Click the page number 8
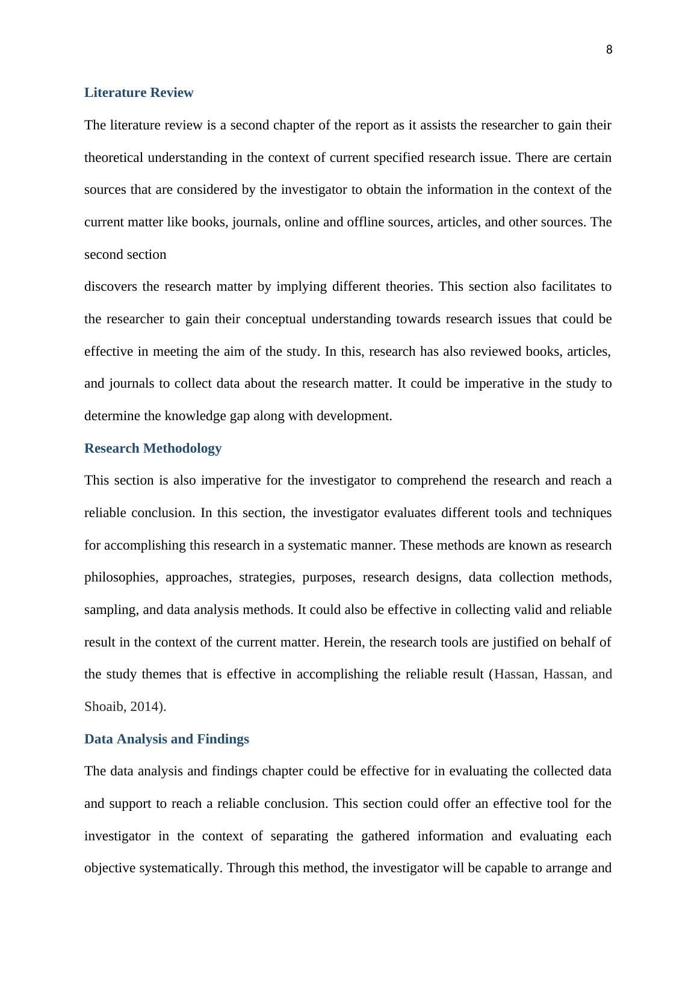[x=609, y=50]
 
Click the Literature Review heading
[x=138, y=93]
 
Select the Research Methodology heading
[x=153, y=448]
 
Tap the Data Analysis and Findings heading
[x=166, y=739]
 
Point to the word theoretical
[x=114, y=158]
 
